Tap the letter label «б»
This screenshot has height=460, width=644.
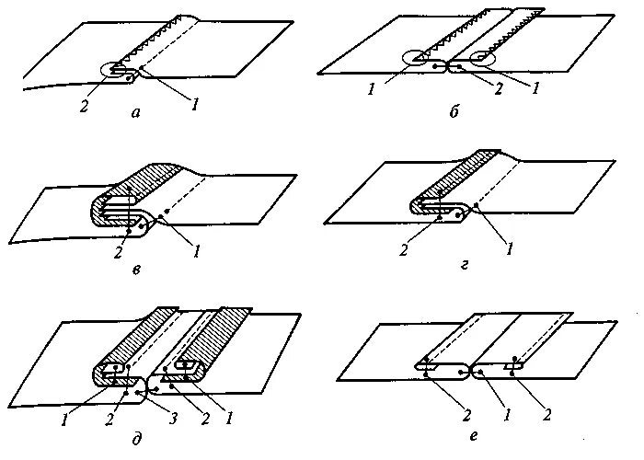[453, 111]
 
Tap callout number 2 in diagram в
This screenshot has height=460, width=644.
[121, 248]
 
